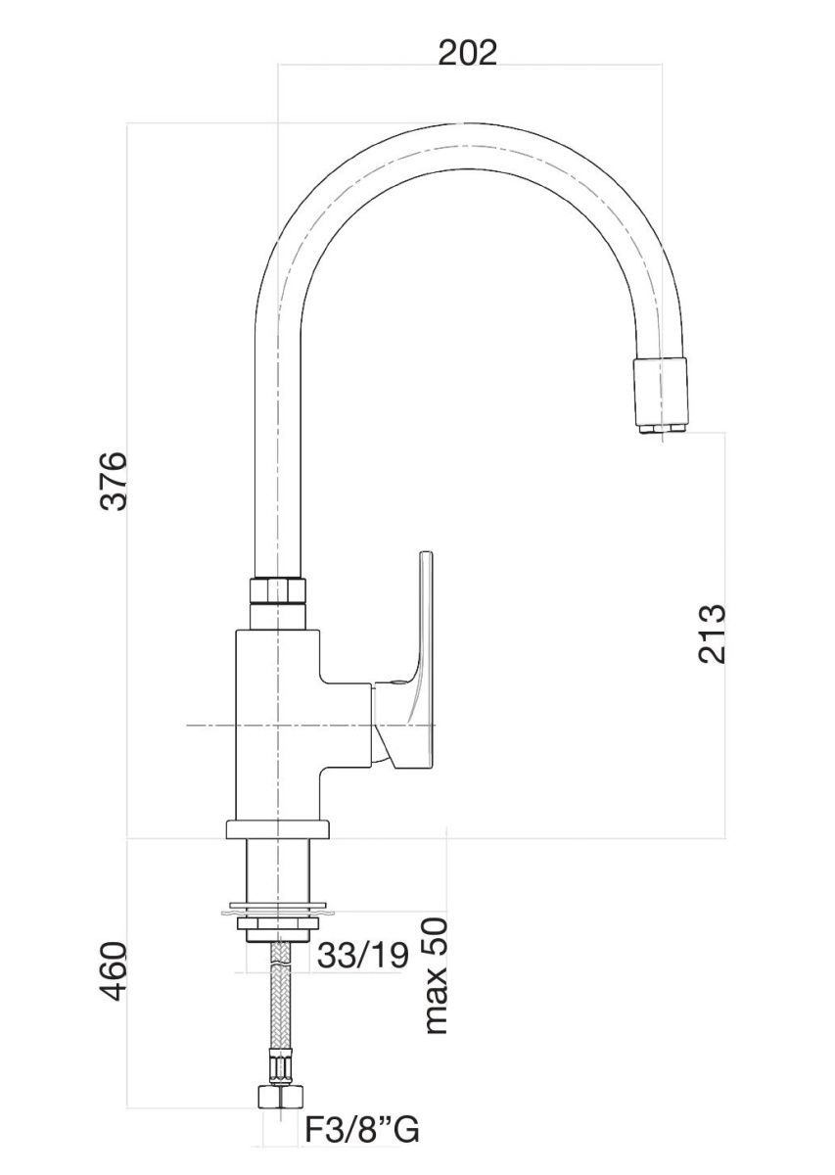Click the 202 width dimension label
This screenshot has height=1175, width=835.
468,52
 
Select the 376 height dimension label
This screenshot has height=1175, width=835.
116,480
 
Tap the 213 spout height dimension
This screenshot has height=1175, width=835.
713,634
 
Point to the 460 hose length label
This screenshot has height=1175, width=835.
116,971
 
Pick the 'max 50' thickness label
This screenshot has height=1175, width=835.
437,976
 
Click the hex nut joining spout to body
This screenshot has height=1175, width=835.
277,591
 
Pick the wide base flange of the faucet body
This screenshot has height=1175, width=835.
278,828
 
